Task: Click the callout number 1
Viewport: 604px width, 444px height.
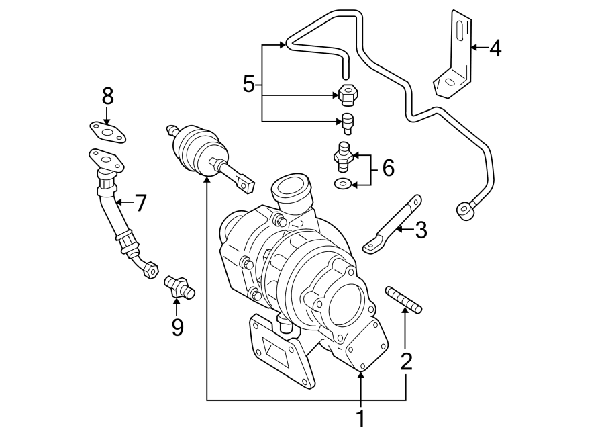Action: click(x=360, y=418)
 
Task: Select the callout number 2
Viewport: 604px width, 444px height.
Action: click(x=407, y=361)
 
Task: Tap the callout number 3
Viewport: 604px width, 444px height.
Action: click(x=421, y=230)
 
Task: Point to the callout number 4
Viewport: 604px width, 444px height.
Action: click(x=495, y=49)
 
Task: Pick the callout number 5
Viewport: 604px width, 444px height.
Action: click(x=249, y=84)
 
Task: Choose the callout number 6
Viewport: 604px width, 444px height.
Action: click(x=388, y=168)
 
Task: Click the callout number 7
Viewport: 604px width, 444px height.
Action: click(x=141, y=203)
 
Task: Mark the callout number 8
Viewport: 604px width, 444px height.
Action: click(x=107, y=96)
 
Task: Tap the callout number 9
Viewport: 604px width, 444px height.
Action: click(x=177, y=327)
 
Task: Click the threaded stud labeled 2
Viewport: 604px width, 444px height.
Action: click(x=403, y=299)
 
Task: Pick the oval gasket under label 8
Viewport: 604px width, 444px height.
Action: click(x=108, y=132)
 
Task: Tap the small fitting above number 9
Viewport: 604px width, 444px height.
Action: click(x=179, y=287)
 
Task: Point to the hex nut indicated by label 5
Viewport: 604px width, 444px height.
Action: click(x=348, y=94)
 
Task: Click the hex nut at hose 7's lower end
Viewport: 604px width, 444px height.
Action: click(x=150, y=270)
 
